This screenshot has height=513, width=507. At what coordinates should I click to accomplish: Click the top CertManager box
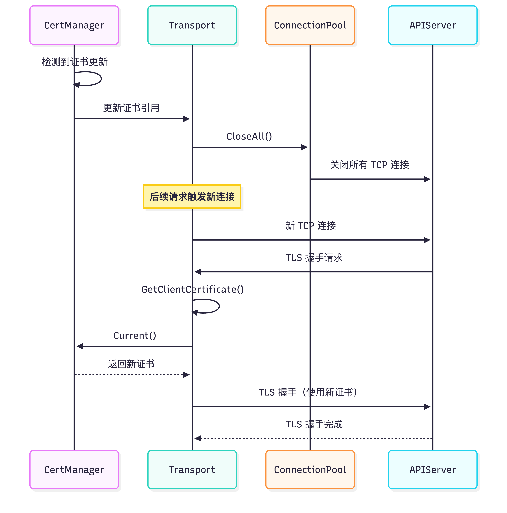74,25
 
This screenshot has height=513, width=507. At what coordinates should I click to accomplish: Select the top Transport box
192,25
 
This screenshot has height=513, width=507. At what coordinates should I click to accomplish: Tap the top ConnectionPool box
310,25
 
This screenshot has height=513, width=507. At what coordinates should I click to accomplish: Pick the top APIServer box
432,25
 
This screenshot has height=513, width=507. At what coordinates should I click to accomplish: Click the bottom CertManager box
74,470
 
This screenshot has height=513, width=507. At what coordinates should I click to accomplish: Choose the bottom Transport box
192,470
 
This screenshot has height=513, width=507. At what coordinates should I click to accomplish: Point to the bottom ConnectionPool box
310,470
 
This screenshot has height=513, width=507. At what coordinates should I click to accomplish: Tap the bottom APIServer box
432,470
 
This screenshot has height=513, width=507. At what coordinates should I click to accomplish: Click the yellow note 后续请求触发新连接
192,196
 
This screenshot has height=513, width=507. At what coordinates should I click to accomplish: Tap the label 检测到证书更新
75,62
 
